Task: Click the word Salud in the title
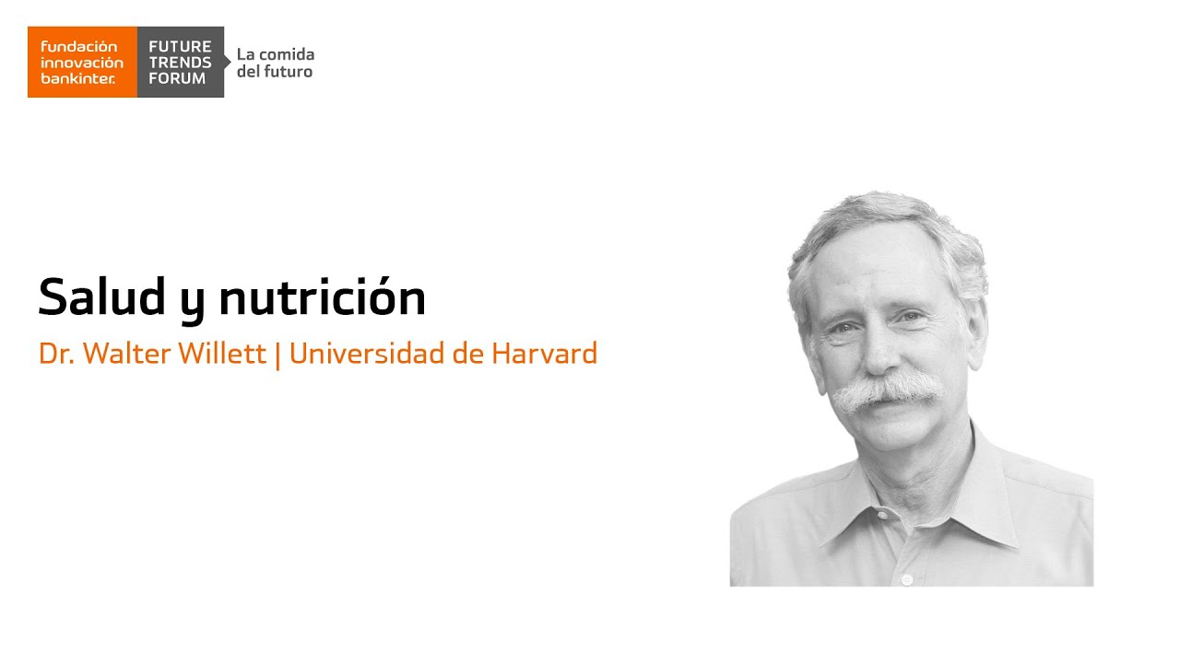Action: click(100, 297)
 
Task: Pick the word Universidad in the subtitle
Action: click(364, 354)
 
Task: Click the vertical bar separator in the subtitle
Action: click(277, 355)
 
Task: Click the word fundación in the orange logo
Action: click(79, 46)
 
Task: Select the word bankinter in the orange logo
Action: click(77, 79)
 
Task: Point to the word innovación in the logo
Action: click(82, 63)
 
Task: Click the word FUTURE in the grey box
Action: click(180, 46)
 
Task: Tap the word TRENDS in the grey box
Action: click(180, 63)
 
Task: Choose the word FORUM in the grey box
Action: click(177, 79)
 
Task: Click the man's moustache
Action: click(886, 391)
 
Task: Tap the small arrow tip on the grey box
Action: click(228, 62)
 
